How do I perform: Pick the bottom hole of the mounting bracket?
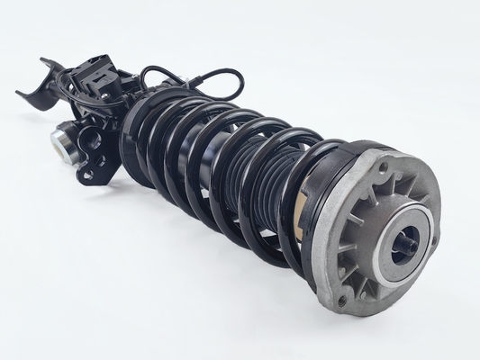[87, 174]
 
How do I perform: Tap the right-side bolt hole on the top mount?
[434, 240]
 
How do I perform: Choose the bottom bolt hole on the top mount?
[341, 299]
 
